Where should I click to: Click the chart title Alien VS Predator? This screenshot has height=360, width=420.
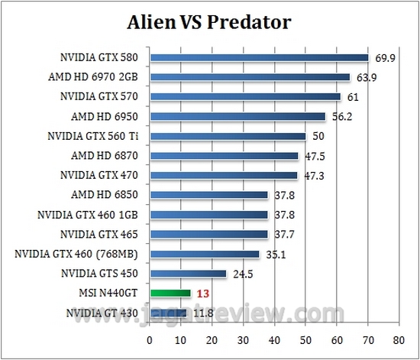(x=209, y=22)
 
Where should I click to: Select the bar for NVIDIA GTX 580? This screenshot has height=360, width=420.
(x=260, y=57)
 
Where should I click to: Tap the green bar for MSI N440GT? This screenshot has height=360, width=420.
(x=170, y=293)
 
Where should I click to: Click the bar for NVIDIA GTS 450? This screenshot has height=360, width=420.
(x=188, y=273)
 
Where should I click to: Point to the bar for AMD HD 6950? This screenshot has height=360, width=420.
(x=237, y=116)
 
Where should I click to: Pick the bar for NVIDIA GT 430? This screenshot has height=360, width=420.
(x=168, y=312)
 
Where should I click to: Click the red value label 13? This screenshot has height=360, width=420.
(x=202, y=293)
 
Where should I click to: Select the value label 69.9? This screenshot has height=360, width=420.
(x=383, y=57)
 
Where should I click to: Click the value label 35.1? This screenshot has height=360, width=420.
(x=273, y=254)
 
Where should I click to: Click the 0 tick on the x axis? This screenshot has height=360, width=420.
(x=150, y=339)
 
